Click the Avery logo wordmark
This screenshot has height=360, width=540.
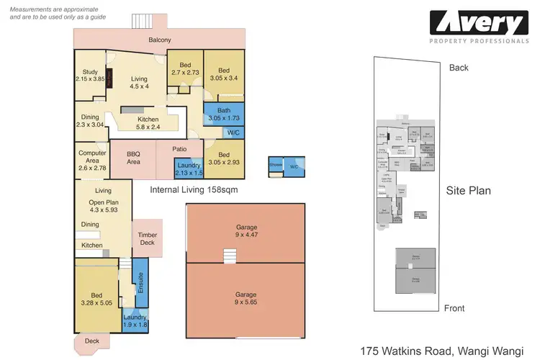[479, 23]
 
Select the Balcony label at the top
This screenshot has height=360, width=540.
[159, 40]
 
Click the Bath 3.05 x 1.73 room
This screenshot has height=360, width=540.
[223, 114]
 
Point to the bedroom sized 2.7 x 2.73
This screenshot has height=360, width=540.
[184, 69]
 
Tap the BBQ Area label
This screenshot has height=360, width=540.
[132, 158]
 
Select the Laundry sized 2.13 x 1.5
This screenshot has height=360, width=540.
[188, 170]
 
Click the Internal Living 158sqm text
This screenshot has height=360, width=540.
[194, 191]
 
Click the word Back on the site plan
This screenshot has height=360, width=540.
[459, 68]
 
